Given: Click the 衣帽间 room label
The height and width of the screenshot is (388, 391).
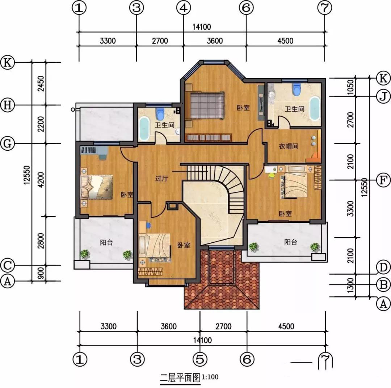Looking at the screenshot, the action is point(289,146).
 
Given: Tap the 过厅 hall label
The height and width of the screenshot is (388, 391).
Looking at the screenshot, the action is point(162,178).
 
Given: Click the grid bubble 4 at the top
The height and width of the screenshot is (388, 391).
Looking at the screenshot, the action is point(184,8).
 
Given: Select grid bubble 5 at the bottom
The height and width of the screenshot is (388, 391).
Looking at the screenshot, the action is point(200,359).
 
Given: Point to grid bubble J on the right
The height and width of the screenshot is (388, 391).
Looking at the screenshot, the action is point(383,97).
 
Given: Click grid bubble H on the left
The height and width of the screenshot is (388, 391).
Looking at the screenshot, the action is point(8,105).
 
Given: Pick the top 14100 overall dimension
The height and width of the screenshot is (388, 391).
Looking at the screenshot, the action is point(202,27).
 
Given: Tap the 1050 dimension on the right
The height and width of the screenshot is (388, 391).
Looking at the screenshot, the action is point(350,87).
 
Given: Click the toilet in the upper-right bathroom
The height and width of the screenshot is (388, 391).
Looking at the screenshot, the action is point(296,89).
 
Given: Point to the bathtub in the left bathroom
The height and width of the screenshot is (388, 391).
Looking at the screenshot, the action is point(144,129).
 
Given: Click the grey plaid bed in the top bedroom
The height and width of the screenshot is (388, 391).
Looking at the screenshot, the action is point(207,105).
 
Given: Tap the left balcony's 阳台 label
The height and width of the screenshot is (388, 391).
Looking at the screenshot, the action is point(106,242).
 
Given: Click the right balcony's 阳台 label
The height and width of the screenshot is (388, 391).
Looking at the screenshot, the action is point(291,242).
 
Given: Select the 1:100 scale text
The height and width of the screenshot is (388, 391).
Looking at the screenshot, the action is point(210,376).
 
